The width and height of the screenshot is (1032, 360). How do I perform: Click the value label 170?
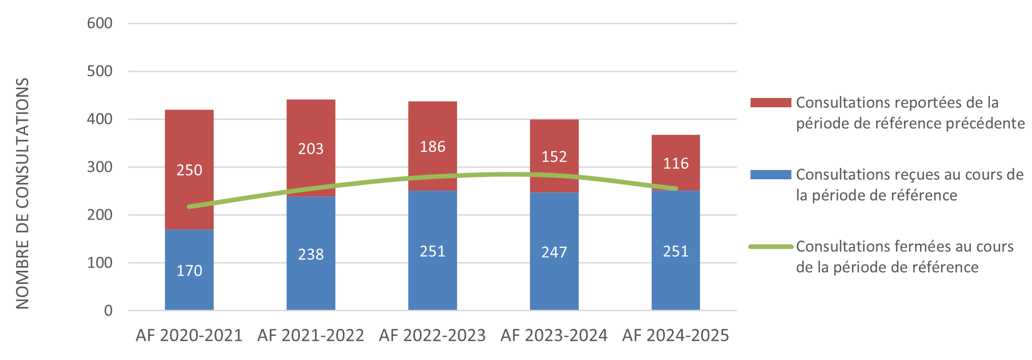[189, 270]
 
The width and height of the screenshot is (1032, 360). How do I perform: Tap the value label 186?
[432, 147]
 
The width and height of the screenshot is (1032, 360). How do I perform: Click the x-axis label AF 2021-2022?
[311, 335]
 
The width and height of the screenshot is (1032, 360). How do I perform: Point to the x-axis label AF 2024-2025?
[676, 335]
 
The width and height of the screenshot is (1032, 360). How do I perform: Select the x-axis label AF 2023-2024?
[554, 335]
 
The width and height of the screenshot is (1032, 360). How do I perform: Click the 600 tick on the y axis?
[99, 23]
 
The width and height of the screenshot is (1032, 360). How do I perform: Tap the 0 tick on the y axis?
[108, 310]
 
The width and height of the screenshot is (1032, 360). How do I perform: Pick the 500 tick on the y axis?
[99, 71]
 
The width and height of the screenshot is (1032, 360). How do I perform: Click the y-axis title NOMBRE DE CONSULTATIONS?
[22, 193]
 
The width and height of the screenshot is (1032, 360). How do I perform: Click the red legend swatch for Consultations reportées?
[771, 103]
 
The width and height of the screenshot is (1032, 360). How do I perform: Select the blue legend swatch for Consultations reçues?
[771, 175]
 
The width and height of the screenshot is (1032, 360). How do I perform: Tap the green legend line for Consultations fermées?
[771, 247]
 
